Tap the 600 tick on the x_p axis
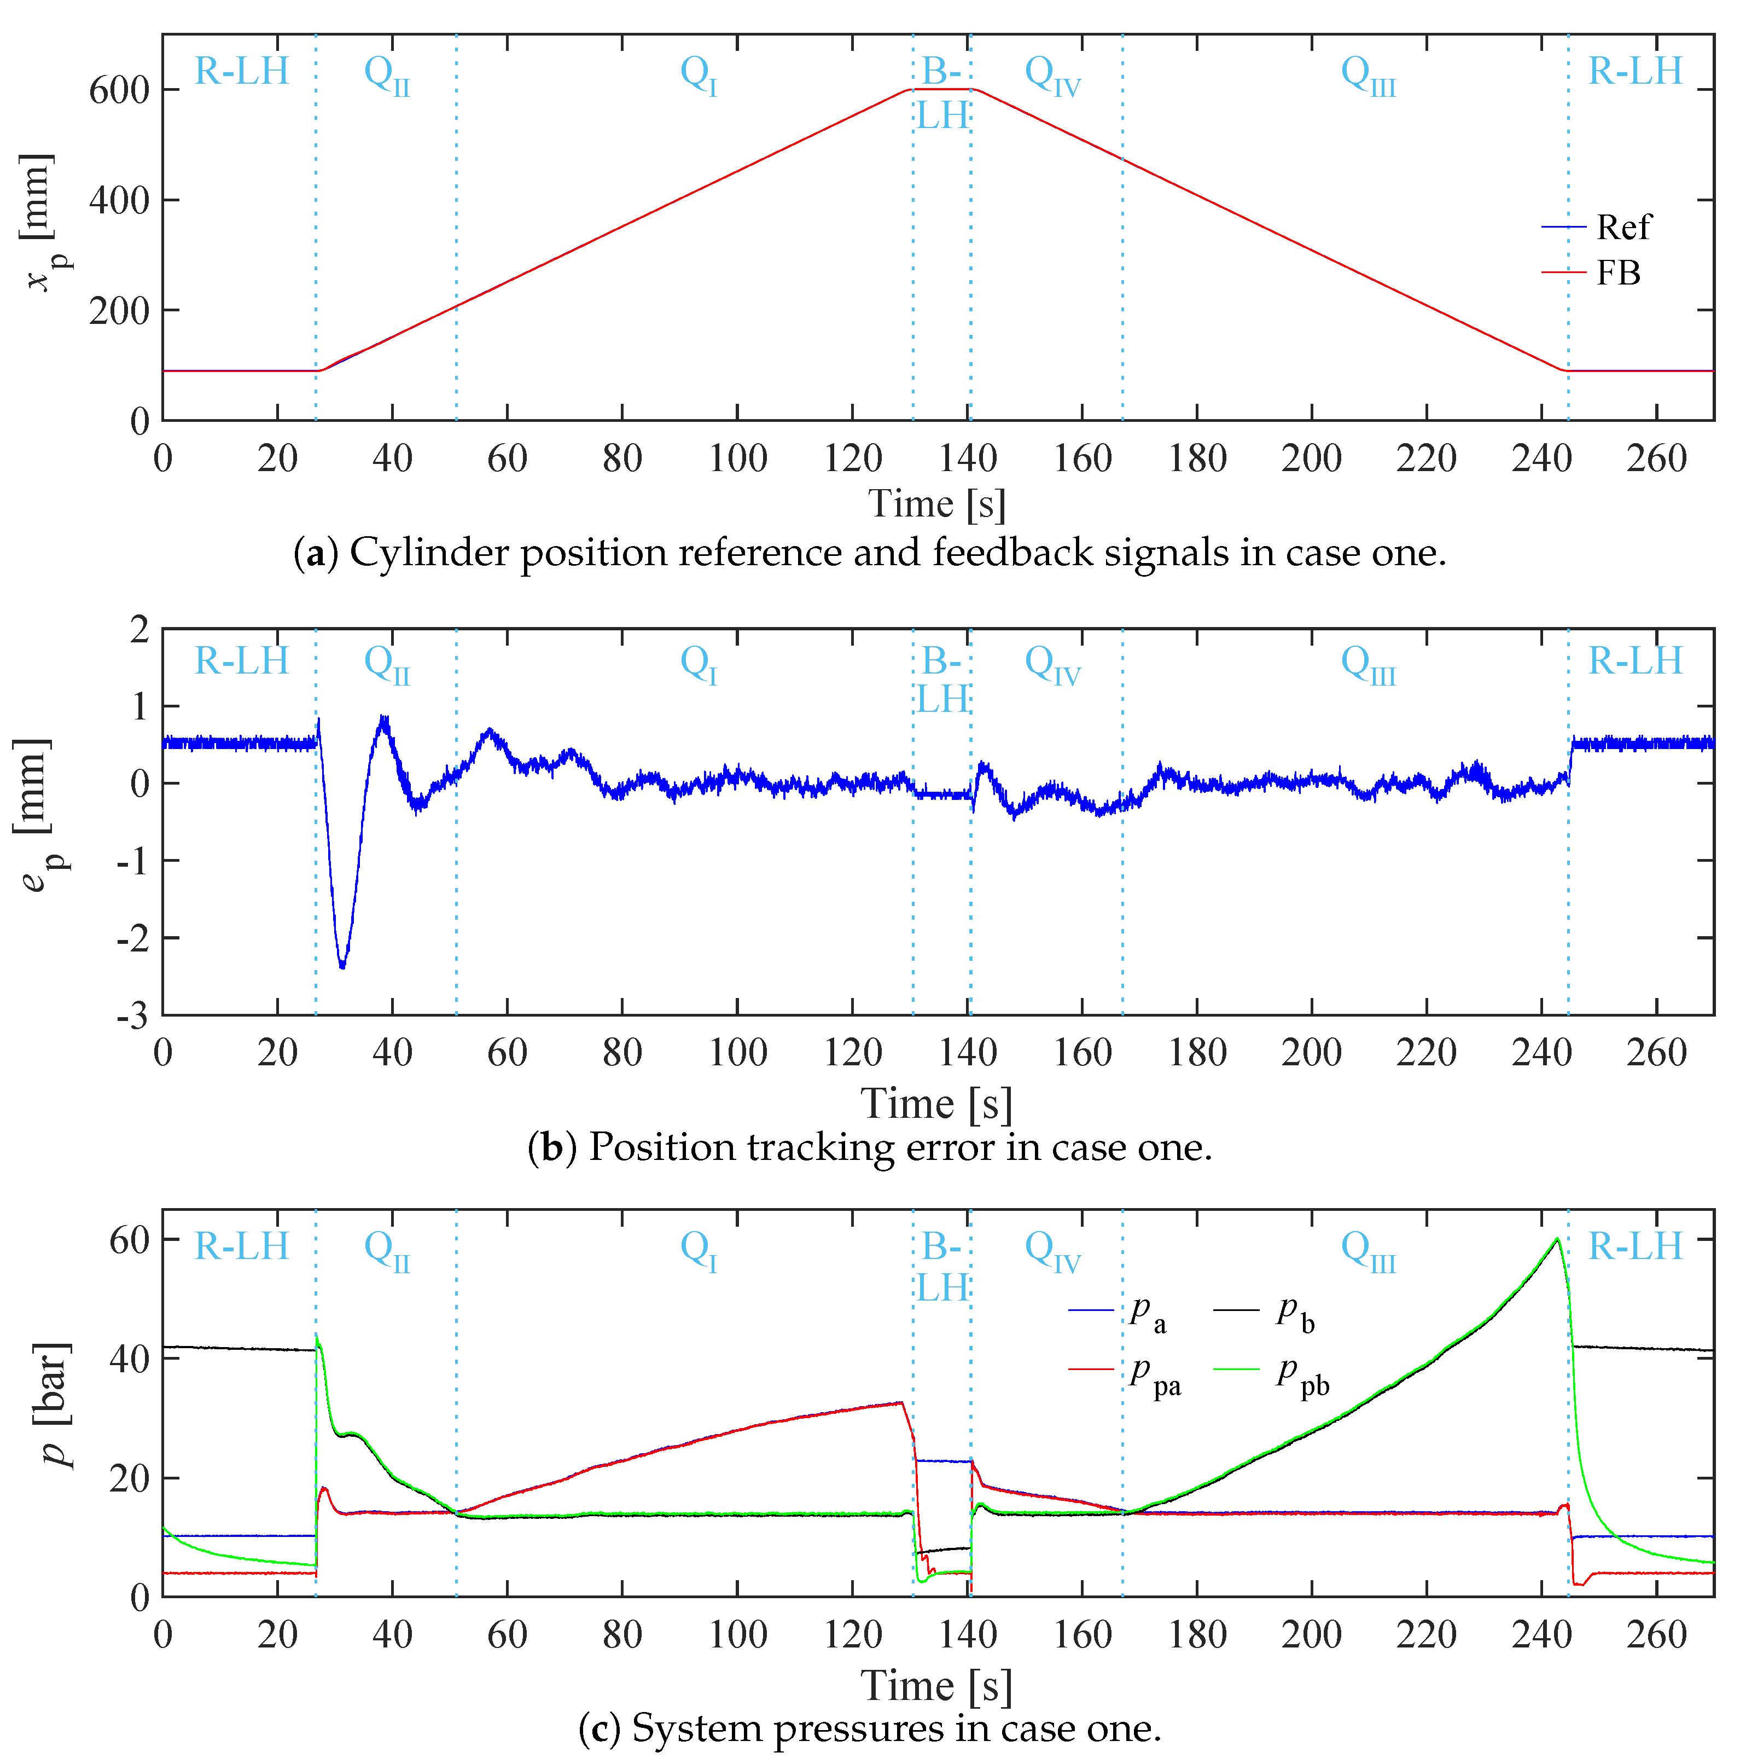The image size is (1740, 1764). click(x=119, y=90)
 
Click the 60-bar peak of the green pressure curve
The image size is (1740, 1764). click(x=1557, y=1239)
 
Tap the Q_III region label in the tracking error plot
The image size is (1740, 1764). click(x=1367, y=663)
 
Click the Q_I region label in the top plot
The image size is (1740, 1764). click(x=699, y=73)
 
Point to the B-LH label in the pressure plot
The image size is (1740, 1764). click(x=942, y=1267)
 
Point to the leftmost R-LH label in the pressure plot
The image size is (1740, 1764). click(x=241, y=1246)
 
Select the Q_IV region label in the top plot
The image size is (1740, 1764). click(x=1052, y=73)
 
